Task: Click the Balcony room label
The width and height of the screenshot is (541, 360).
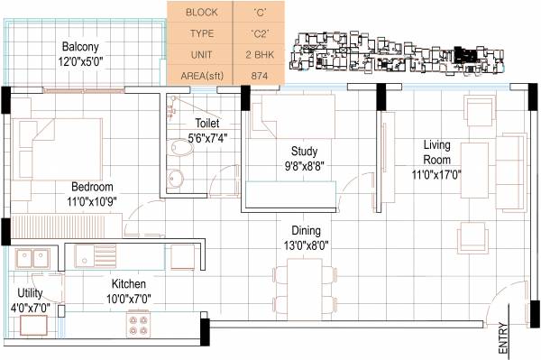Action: tap(79, 46)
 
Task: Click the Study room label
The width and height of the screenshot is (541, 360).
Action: tap(305, 151)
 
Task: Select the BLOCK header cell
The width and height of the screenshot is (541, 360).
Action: tap(200, 13)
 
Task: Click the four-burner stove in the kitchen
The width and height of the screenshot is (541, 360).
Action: tap(139, 322)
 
